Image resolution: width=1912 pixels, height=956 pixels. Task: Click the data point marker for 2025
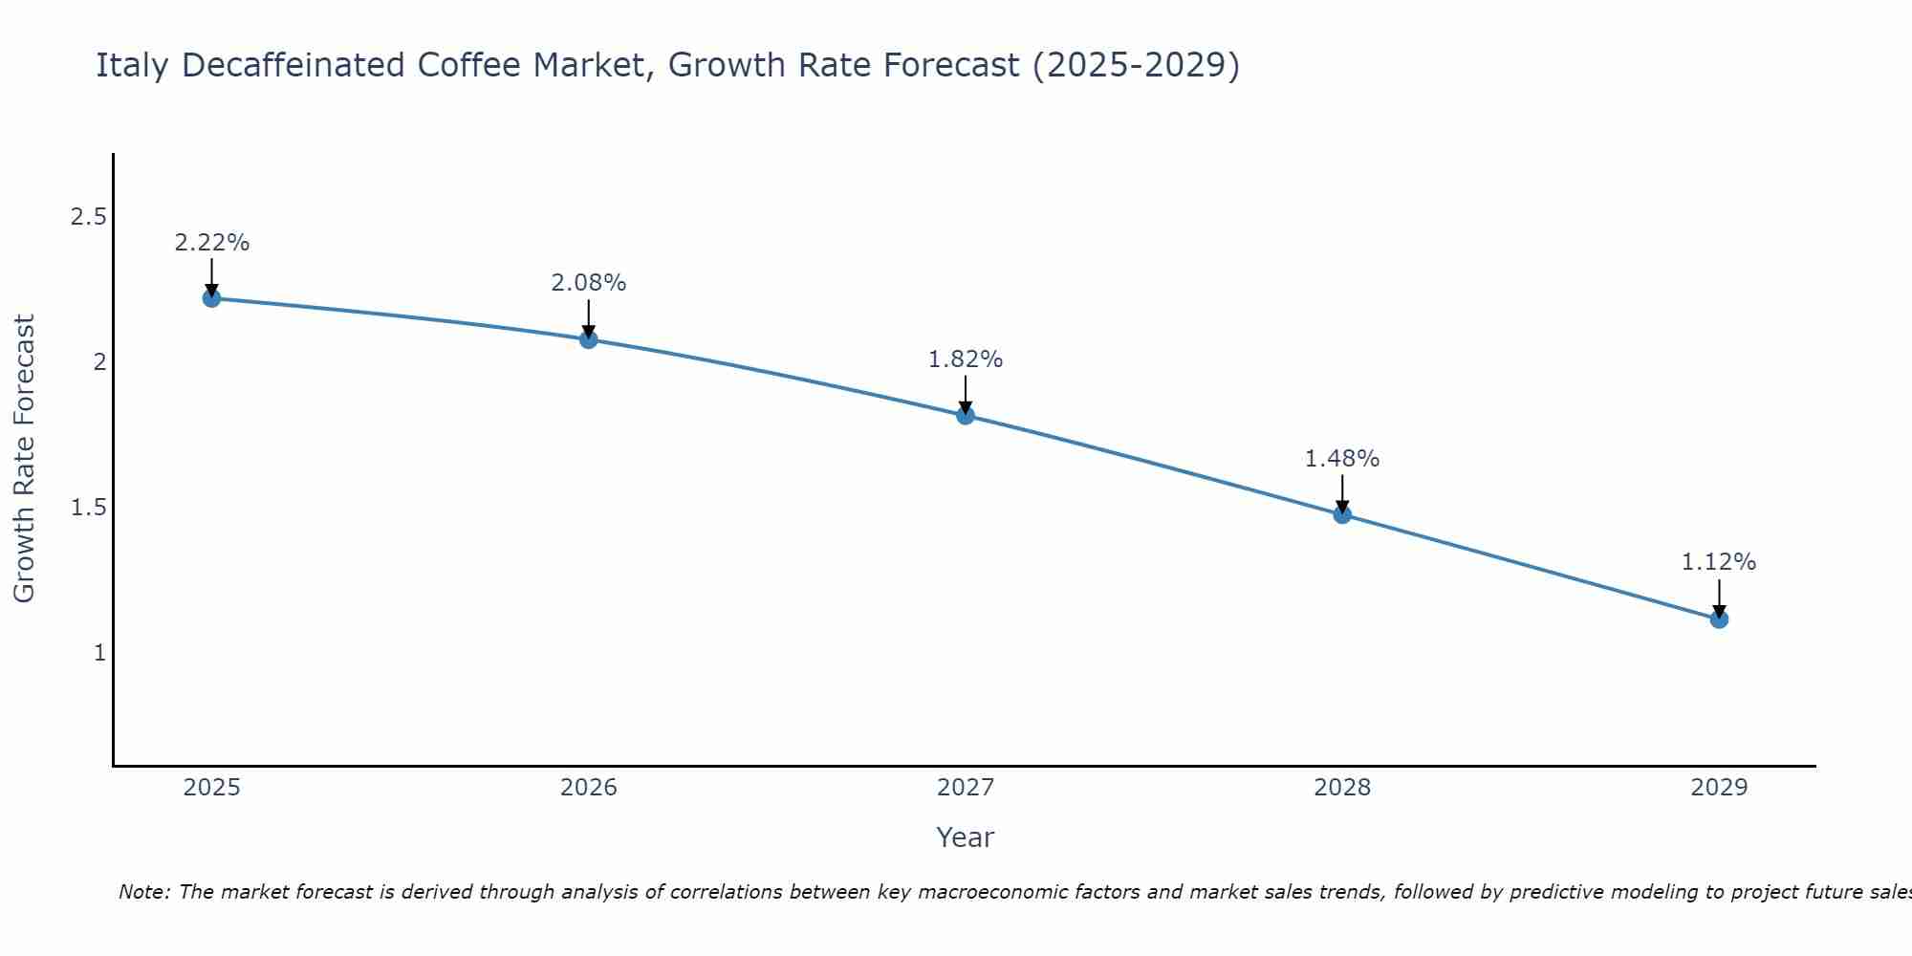211,298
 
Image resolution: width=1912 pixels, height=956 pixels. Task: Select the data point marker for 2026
589,339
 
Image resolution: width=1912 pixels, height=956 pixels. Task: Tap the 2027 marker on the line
966,415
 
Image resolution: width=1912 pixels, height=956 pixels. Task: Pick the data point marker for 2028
1342,514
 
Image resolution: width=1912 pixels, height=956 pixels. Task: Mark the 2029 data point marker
1719,619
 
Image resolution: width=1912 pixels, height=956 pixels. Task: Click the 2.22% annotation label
211,243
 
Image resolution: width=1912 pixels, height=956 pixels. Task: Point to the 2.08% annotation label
589,283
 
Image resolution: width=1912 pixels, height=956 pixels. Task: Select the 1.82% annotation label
966,359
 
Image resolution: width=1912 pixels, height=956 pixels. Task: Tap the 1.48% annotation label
1342,459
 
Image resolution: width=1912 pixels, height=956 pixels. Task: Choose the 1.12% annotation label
1719,562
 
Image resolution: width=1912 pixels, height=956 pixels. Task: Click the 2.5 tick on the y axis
88,217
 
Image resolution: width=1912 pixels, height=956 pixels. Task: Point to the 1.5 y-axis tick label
88,507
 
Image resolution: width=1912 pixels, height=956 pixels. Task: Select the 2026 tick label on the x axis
589,788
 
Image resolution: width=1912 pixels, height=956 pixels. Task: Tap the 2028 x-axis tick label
1342,788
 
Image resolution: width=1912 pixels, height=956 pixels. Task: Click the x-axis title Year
966,837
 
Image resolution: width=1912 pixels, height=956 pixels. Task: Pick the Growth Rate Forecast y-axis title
25,458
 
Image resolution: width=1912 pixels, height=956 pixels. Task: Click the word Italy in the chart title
133,65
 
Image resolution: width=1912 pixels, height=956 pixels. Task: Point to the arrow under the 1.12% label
1719,598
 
